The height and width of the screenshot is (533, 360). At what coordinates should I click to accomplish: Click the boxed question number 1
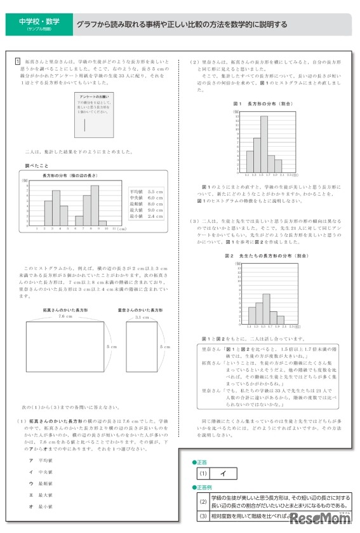pos(18,62)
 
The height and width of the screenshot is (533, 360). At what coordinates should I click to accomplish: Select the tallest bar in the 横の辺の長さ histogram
pos(95,203)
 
